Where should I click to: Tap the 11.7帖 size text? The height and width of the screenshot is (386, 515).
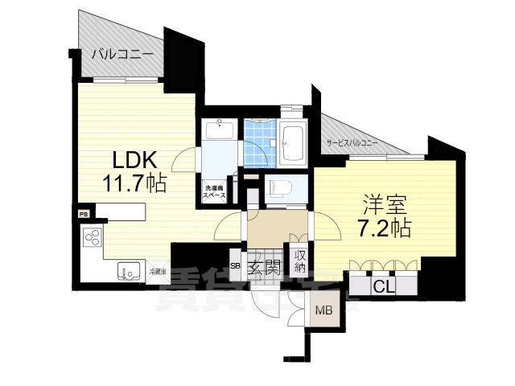(x=134, y=183)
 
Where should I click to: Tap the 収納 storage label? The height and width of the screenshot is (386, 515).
(x=299, y=262)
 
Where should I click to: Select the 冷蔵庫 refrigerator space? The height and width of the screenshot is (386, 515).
(x=158, y=272)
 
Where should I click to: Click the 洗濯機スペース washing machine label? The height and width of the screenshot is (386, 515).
(x=214, y=191)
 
